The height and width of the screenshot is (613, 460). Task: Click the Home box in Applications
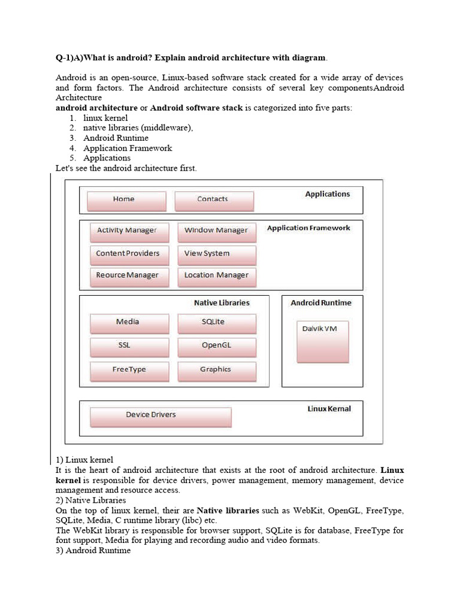coord(126,201)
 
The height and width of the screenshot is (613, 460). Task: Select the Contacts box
coord(214,201)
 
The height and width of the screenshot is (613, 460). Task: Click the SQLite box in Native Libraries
coord(217,323)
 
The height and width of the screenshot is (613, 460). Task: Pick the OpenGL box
coord(217,347)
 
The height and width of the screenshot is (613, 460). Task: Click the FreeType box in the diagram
coord(129,371)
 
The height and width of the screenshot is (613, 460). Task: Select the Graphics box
coord(217,371)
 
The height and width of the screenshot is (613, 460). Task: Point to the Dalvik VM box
coord(322,341)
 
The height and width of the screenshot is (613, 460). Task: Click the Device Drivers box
coord(160,417)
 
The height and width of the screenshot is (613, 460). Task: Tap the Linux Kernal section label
coord(329,409)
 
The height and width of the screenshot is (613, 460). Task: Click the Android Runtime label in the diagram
coord(321,303)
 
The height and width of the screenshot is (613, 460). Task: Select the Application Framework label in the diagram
coord(308,228)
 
